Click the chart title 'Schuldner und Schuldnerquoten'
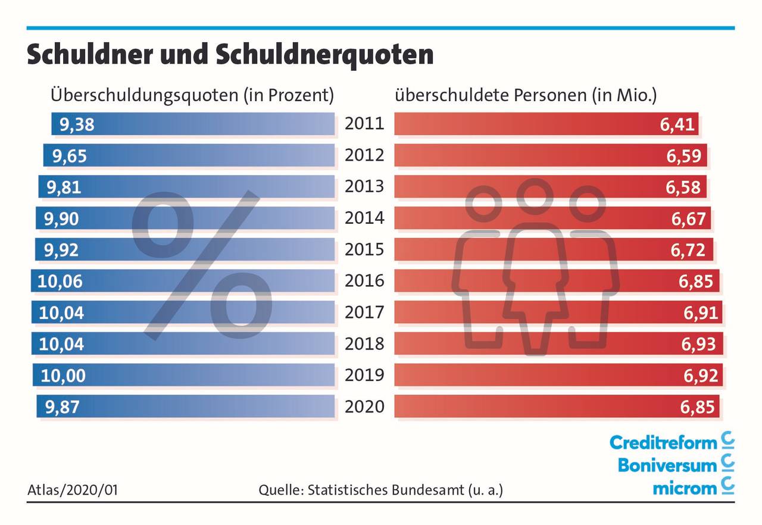coord(230,55)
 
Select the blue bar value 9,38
coord(77,125)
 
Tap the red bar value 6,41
coord(679,125)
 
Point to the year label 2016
coord(364,280)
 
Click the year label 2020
coord(364,407)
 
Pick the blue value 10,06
coord(61,281)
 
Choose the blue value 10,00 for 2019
coord(63,376)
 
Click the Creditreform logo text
coord(663,442)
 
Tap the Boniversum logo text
coord(667,465)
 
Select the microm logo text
coord(685,488)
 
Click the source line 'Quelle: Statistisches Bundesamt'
coord(381,490)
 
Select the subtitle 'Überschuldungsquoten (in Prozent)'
coord(192,95)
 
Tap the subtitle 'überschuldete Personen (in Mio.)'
coord(525,95)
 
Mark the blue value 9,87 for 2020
coord(62,407)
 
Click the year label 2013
coord(364,186)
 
